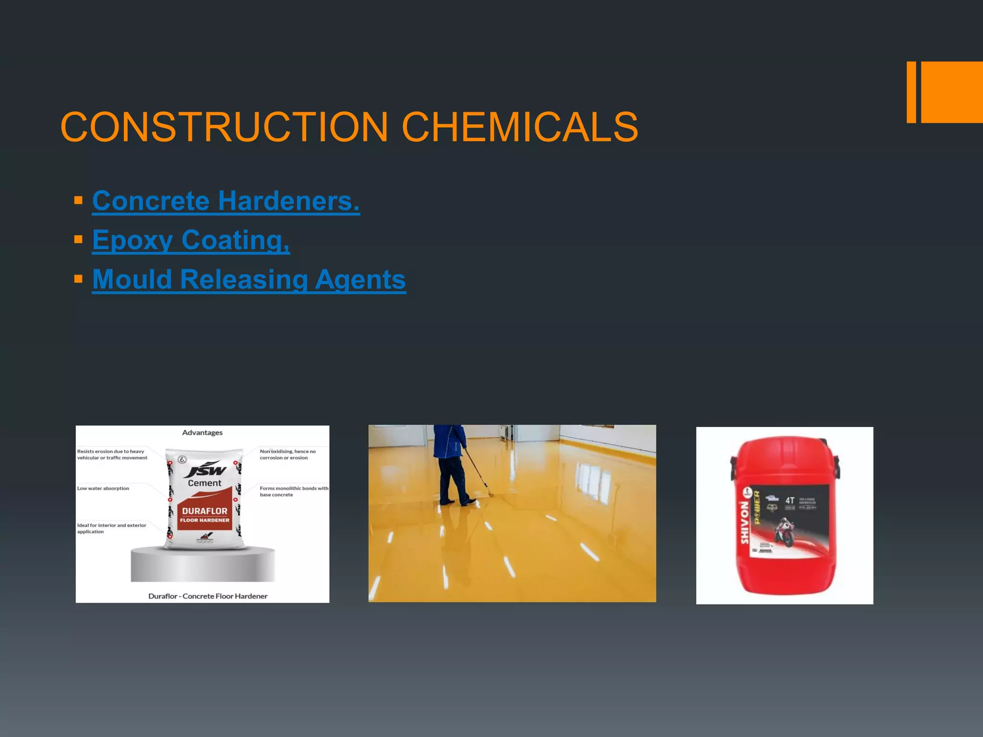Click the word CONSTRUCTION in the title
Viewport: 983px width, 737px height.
(224, 127)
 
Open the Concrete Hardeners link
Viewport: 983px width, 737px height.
(226, 201)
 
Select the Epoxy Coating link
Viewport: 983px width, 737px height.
(191, 240)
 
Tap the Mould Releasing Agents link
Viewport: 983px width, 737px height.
(249, 279)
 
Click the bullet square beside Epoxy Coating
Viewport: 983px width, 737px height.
(79, 239)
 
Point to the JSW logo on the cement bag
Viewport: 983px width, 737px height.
(205, 470)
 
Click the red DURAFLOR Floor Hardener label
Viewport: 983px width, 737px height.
(205, 514)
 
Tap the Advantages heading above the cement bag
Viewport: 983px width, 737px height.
(202, 433)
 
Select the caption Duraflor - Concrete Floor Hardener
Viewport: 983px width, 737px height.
(207, 596)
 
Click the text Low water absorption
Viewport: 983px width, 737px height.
(103, 488)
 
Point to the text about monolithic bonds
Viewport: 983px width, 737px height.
(293, 491)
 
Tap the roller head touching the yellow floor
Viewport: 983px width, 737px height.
(490, 493)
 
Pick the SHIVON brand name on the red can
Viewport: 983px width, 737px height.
(744, 523)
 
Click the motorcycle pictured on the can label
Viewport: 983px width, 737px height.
(784, 532)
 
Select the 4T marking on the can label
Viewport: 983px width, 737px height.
(790, 500)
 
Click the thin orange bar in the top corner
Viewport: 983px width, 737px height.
(911, 92)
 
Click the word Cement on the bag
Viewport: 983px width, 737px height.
(205, 483)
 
